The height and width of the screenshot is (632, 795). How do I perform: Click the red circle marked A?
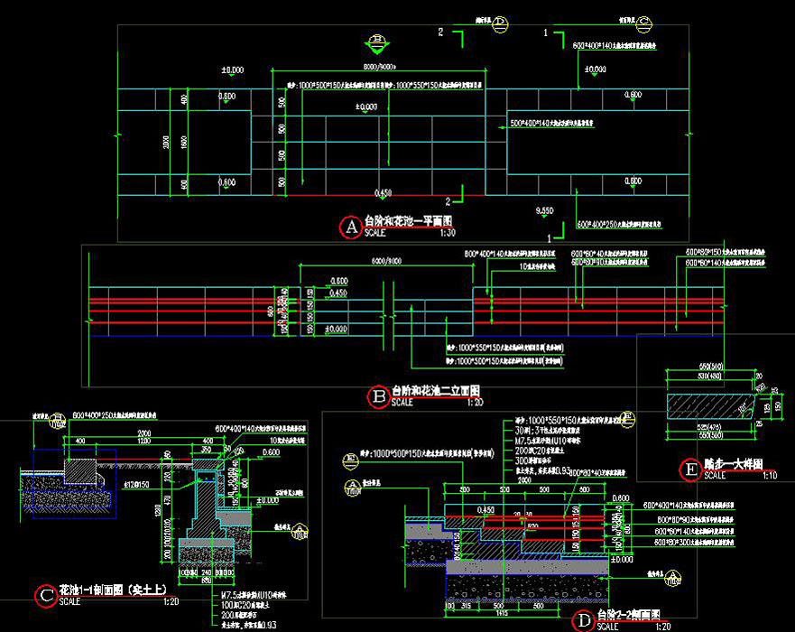coord(350,228)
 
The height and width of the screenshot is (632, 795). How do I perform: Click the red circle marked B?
coord(378,395)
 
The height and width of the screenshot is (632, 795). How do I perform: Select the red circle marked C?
coord(45,596)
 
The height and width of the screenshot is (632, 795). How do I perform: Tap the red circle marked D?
coord(584,620)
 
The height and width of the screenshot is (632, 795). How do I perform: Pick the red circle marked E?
coord(690,469)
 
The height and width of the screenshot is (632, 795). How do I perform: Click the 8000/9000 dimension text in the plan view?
coord(381,68)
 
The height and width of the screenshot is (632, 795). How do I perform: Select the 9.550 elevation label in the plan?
coord(544,210)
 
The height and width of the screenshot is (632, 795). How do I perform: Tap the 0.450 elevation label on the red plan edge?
coord(383,192)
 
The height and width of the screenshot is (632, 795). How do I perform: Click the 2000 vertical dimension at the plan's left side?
coord(166,142)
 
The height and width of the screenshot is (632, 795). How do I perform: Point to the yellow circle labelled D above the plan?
coord(501,24)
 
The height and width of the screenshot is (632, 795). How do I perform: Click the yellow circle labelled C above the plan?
coord(645,23)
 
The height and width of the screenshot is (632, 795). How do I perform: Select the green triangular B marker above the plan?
coord(377,41)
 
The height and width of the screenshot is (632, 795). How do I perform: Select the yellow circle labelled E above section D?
coord(630,417)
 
